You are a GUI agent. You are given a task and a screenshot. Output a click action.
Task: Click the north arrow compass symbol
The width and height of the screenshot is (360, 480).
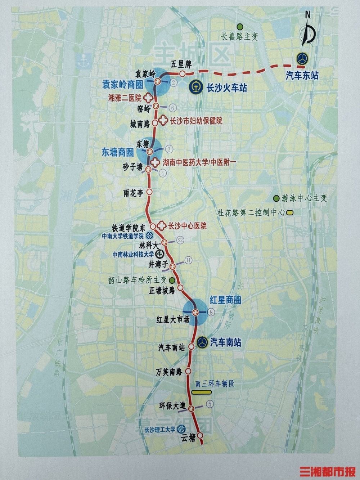[x=308, y=32]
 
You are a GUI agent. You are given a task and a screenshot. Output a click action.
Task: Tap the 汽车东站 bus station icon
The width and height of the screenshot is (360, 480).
[x=302, y=59]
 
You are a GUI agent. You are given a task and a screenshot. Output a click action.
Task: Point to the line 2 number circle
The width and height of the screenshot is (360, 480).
[x=174, y=83]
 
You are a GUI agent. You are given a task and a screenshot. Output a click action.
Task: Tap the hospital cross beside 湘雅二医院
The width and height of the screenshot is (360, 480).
[x=147, y=97]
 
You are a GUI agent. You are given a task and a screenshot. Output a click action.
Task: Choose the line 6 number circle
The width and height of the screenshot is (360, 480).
[x=173, y=107]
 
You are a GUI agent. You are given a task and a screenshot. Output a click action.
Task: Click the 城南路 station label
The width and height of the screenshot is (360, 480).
[x=140, y=124]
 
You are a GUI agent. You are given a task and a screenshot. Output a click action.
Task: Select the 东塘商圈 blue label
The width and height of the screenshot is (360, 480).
[x=117, y=152]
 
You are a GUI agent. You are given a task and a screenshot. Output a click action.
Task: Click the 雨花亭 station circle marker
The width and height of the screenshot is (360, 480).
[x=150, y=192]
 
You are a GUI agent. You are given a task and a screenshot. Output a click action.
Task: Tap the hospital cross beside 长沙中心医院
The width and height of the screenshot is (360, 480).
[x=162, y=226]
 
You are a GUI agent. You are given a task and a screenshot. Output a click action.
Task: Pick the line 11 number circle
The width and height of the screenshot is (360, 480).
[x=188, y=260]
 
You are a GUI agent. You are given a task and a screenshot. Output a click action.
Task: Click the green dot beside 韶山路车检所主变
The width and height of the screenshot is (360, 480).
[x=172, y=280]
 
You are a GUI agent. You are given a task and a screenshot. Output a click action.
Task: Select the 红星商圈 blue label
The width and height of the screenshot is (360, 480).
[x=225, y=300]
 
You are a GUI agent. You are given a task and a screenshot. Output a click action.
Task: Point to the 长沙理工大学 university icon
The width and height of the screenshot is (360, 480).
[x=181, y=429]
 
